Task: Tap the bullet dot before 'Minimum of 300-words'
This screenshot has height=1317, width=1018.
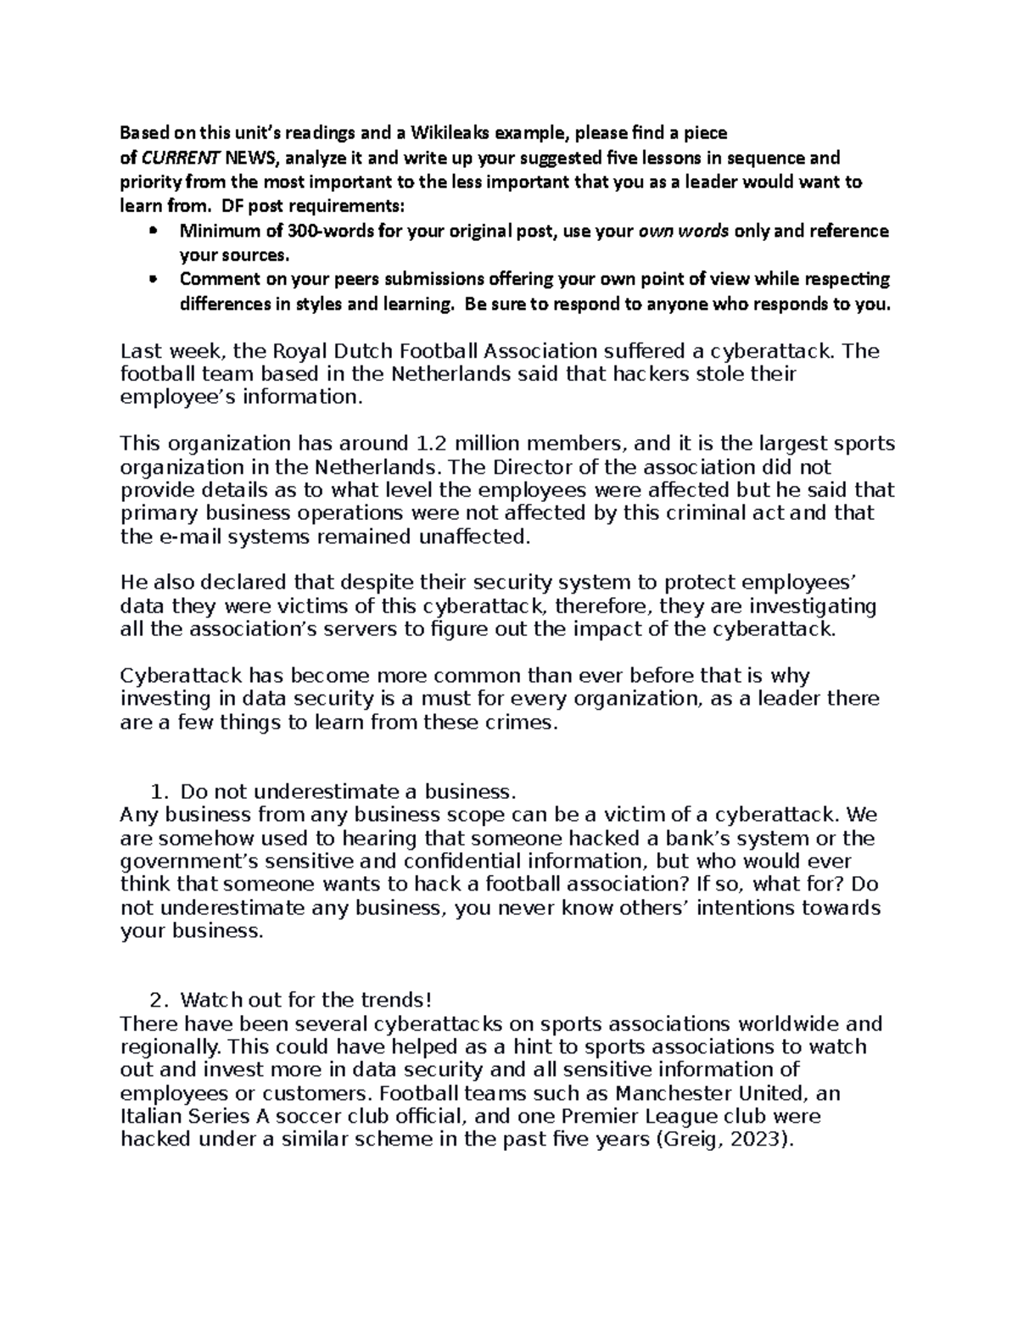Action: [153, 232]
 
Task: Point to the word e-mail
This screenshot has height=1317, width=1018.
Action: [186, 536]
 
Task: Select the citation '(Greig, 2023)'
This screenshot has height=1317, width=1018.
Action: [726, 1140]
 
